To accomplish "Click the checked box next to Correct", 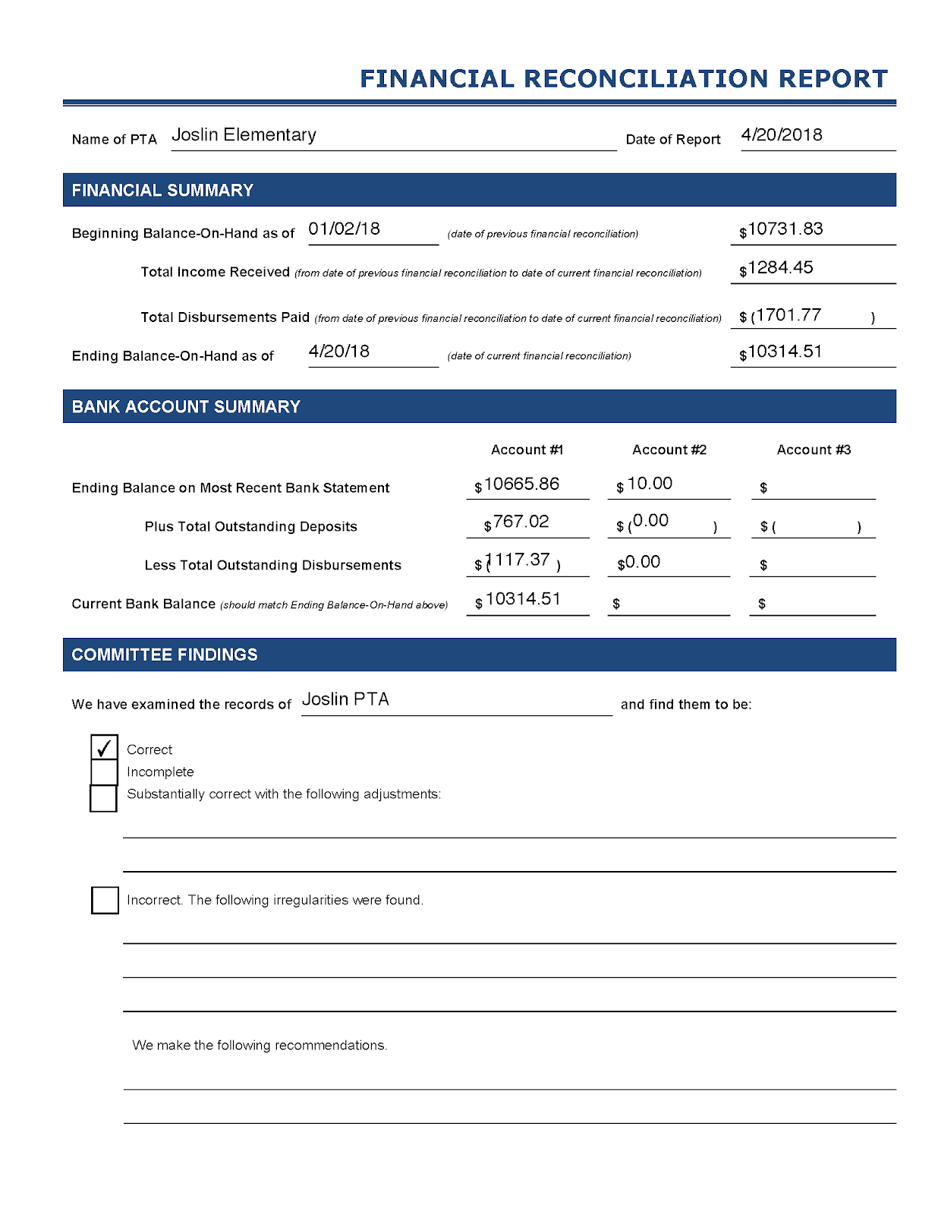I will [x=104, y=748].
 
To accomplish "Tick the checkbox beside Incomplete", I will [x=104, y=772].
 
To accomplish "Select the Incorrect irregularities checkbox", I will [x=105, y=900].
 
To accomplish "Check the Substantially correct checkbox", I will [x=103, y=798].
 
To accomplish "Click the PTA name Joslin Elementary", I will [x=244, y=135].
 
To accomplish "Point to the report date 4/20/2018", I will [x=782, y=135].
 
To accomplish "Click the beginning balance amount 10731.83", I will [x=785, y=229].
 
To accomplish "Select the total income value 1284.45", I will [x=780, y=268].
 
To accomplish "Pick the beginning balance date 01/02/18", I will [x=344, y=229].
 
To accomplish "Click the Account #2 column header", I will [x=669, y=450].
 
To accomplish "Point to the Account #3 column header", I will [x=814, y=450].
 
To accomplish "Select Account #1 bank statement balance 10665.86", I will [x=521, y=484].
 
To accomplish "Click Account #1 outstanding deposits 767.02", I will [x=521, y=522].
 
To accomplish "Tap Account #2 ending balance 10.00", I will [x=650, y=484].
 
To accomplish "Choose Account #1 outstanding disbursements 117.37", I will [x=519, y=560].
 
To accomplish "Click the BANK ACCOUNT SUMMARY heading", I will [x=186, y=407].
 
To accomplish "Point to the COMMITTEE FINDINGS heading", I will [x=165, y=655].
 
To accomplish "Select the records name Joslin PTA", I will [x=345, y=699].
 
